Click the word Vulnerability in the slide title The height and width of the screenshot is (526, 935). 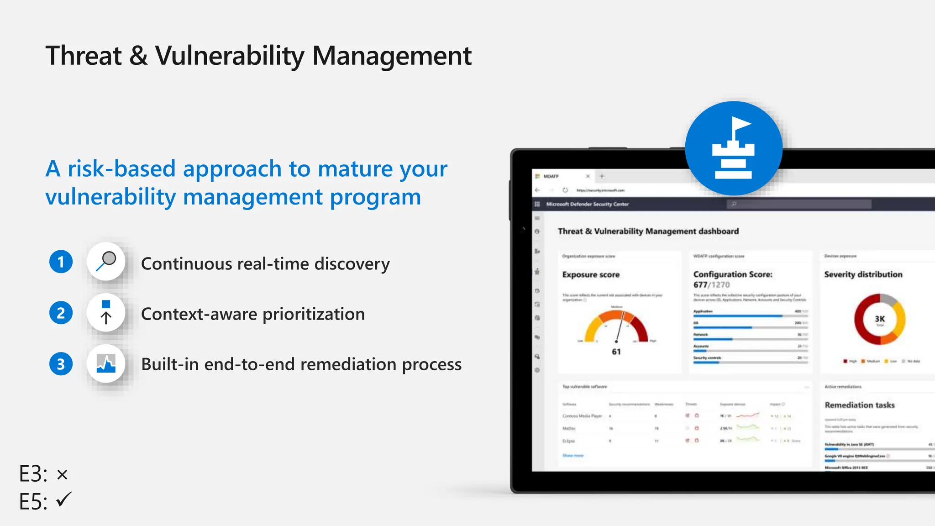pos(230,56)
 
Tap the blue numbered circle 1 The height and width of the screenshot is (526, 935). pos(61,262)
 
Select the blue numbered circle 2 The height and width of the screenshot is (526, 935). pos(61,313)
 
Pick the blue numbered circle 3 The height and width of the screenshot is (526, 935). pos(61,364)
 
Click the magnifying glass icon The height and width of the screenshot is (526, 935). pos(106,262)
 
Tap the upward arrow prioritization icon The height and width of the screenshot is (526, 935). pos(106,313)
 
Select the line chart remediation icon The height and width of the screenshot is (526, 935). pos(106,364)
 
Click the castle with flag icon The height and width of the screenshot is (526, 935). pos(734,148)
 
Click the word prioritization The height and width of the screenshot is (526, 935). pos(314,315)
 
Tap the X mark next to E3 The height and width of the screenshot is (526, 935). pos(62,475)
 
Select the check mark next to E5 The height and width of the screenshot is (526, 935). pos(64,500)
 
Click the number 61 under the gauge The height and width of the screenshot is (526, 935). pos(616,352)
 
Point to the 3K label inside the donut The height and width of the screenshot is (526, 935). pos(880,319)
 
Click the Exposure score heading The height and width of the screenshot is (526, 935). pos(591,275)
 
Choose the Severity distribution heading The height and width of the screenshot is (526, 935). pos(863,274)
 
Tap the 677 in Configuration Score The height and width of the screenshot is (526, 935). pos(700,285)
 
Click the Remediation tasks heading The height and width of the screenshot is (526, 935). pos(859,405)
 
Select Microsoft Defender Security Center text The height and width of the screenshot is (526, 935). pos(587,204)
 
